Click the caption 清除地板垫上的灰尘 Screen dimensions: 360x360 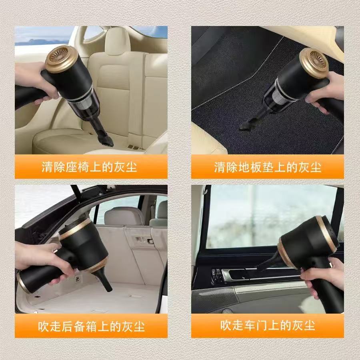267,167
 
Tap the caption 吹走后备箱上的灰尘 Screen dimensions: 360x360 91,326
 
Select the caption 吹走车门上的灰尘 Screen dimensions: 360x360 267,325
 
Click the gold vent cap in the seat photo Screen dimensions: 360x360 61,59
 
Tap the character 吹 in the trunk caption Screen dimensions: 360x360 44,326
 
